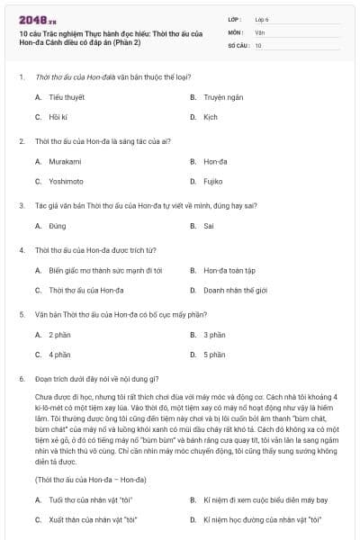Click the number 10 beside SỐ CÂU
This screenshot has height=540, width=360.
tap(258, 44)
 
